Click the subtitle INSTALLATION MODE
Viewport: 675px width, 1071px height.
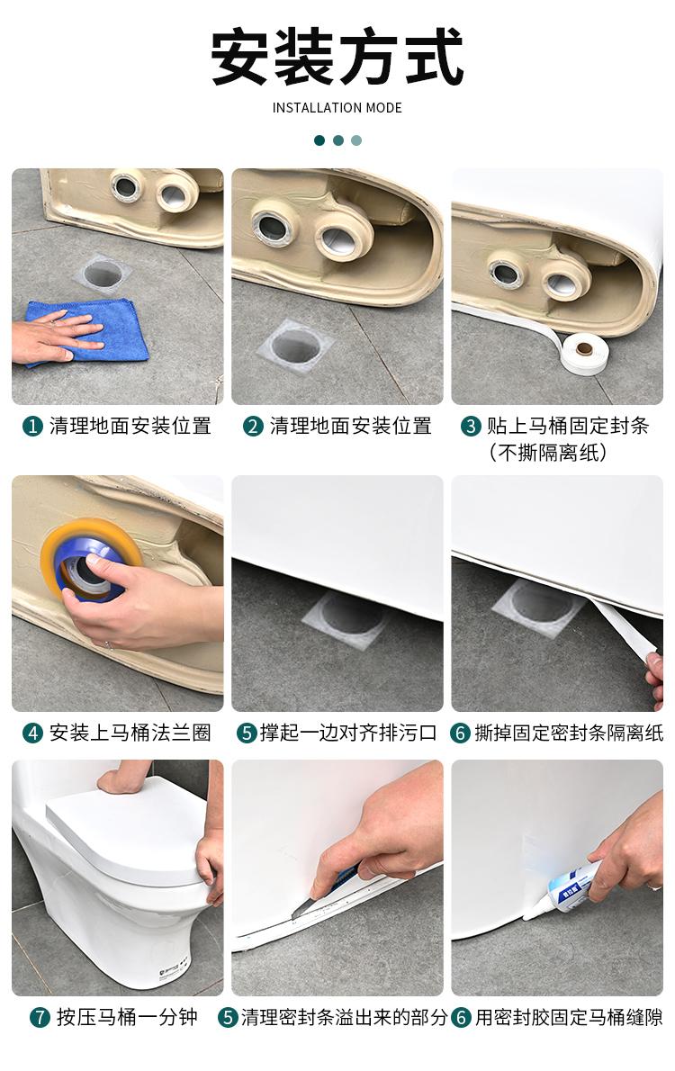[337, 108]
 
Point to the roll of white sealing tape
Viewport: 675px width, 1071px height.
[583, 352]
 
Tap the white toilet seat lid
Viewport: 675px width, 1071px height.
[126, 827]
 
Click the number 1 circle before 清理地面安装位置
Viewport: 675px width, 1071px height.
[32, 427]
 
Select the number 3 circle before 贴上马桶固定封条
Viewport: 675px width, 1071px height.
[471, 427]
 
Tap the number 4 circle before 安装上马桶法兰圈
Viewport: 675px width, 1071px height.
[32, 733]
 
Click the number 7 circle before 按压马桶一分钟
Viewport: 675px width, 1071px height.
[40, 1018]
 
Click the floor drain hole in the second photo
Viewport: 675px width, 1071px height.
[297, 346]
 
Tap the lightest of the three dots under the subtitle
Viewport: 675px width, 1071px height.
[356, 140]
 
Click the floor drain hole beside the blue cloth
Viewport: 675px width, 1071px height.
[103, 273]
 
